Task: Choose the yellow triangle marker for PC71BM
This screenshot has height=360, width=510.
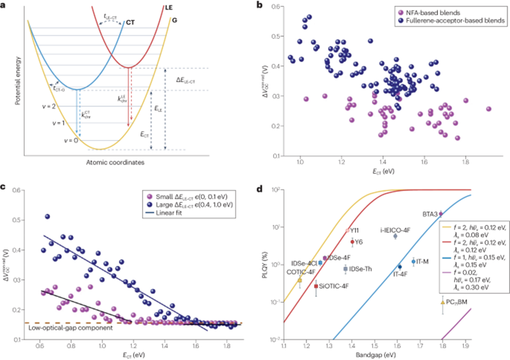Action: point(442,302)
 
